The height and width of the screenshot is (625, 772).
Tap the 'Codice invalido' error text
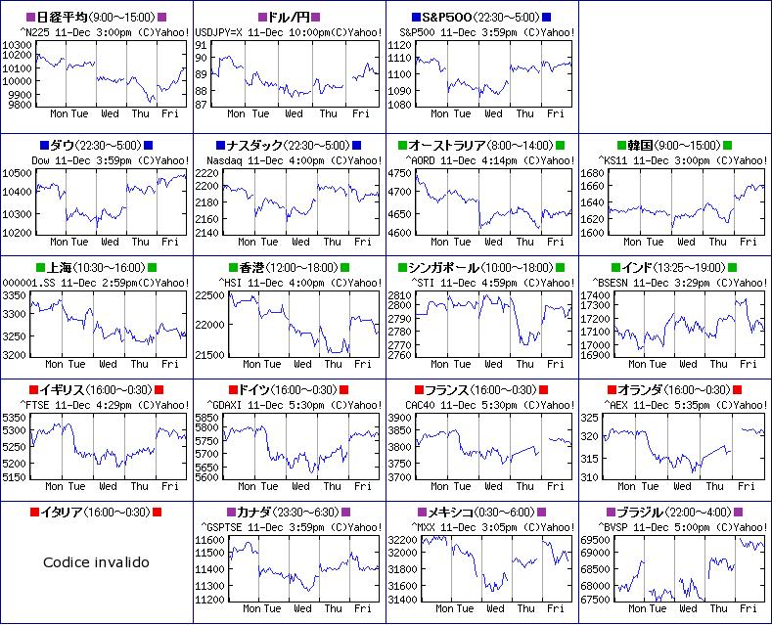click(x=96, y=562)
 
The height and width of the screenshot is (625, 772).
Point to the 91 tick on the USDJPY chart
click(x=201, y=44)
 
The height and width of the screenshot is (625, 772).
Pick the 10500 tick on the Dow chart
click(x=19, y=172)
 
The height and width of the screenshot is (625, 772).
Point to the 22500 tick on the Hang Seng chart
click(x=209, y=294)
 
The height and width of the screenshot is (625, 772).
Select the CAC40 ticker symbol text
click(x=419, y=403)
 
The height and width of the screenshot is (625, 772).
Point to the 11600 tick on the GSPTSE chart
click(x=209, y=539)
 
